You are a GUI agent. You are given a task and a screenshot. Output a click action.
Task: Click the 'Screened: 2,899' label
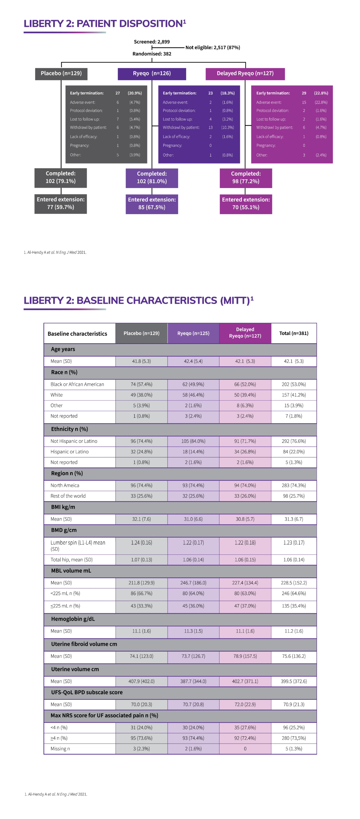click(x=152, y=42)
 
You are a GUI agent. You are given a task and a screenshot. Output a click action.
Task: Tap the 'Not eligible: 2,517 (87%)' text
click(x=212, y=47)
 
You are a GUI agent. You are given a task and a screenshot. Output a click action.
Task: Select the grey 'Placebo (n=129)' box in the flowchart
click(x=61, y=73)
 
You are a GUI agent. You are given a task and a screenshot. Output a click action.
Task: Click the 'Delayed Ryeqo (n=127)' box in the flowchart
click(x=245, y=73)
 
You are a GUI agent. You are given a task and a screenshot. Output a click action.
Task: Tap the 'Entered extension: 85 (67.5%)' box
click(x=152, y=203)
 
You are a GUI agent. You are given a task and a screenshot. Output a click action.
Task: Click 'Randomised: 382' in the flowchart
click(x=152, y=54)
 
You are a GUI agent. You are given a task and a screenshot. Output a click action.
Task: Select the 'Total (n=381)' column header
click(x=294, y=333)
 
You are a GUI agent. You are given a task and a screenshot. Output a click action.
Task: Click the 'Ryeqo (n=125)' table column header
click(x=193, y=333)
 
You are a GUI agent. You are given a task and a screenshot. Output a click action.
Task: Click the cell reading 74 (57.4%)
click(x=141, y=384)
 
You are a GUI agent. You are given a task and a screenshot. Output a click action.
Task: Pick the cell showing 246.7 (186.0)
click(x=193, y=583)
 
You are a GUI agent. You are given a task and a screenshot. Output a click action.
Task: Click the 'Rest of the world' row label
click(x=68, y=496)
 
